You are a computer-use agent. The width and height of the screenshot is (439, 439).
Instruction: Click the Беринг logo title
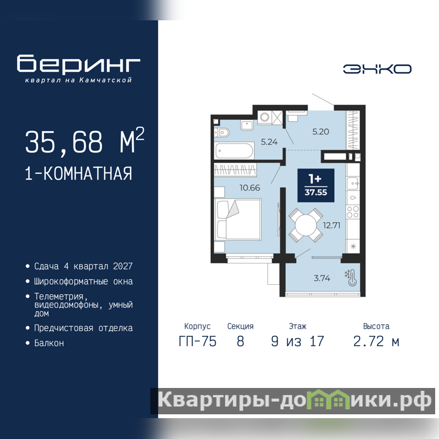tap(78, 64)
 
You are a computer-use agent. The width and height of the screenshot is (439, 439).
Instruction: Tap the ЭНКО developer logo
tap(377, 69)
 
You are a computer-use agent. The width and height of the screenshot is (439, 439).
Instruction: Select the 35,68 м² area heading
tap(85, 140)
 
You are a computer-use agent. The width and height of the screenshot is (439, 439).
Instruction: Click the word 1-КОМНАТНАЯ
tap(78, 173)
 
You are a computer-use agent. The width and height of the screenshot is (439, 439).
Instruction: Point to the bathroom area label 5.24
tap(269, 142)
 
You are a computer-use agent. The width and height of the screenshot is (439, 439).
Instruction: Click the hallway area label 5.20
tap(320, 132)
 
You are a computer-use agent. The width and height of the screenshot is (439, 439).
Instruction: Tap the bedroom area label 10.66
tap(250, 188)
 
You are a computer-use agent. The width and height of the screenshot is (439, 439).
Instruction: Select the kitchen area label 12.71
tap(331, 225)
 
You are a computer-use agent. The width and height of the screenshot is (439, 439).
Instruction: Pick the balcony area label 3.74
tap(322, 278)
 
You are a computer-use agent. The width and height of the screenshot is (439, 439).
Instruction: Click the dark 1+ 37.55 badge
tap(316, 185)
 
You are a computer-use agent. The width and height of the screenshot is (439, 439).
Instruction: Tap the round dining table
tap(306, 225)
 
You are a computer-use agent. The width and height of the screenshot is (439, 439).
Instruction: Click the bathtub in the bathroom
tap(234, 150)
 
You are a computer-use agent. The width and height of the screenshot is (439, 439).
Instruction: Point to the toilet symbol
tap(222, 132)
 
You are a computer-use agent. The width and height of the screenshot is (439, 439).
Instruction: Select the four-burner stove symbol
tap(353, 211)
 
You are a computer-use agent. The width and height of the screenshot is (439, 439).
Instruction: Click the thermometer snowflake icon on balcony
tap(351, 278)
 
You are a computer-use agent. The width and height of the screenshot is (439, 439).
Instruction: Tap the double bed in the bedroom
tap(238, 219)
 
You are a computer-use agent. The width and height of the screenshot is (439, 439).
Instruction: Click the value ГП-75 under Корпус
tap(198, 341)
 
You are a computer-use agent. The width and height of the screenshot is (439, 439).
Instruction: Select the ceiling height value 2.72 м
tap(376, 341)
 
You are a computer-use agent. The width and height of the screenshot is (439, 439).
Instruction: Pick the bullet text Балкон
tap(49, 343)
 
